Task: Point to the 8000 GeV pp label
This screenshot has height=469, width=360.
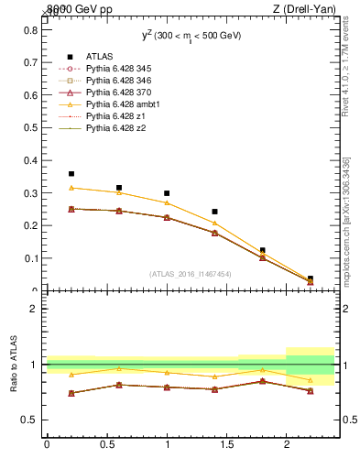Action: (80, 9)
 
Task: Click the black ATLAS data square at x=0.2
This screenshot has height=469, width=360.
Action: (71, 173)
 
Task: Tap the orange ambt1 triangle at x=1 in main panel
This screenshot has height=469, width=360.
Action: (167, 202)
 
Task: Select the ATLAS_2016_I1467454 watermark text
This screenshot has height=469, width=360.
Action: (191, 273)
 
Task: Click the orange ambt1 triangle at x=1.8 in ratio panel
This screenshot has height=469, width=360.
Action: (263, 370)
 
